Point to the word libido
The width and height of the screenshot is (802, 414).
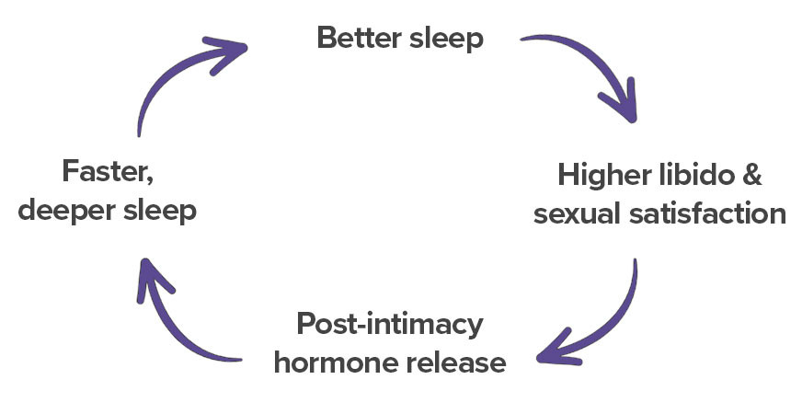693,175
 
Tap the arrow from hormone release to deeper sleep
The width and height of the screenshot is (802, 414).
175,327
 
